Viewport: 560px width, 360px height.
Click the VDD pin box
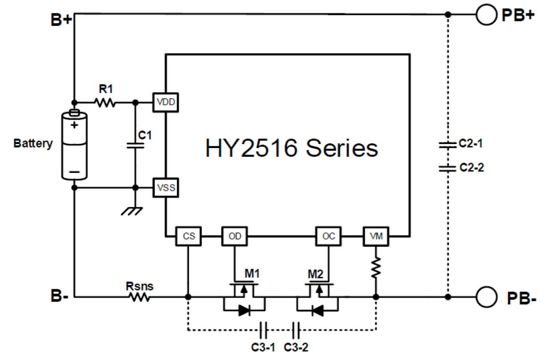pos(165,102)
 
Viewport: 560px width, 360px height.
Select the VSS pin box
pos(165,188)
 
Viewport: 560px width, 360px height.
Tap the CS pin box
pos(189,236)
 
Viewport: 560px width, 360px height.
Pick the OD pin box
pos(234,236)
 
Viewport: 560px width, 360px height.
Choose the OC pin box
pos(329,236)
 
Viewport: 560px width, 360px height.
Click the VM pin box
pos(376,236)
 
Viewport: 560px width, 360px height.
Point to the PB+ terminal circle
pos(486,15)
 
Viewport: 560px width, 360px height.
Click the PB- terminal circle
pos(486,297)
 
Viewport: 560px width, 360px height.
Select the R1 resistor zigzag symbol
pos(105,102)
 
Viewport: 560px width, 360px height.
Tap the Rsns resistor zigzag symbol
pos(140,297)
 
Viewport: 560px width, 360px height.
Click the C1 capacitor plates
pos(135,146)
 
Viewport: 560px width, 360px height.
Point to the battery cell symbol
pos(74,144)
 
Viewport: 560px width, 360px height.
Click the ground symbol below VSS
pos(132,211)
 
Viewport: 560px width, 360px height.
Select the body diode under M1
pos(244,311)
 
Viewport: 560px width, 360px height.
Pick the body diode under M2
pos(318,311)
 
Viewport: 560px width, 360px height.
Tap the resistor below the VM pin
pos(376,267)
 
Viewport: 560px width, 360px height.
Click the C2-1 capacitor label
pos(471,144)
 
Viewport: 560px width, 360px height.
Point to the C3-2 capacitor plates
pos(296,330)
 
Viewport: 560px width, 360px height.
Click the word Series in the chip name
pos(342,148)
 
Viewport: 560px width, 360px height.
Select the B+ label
pos(61,20)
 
